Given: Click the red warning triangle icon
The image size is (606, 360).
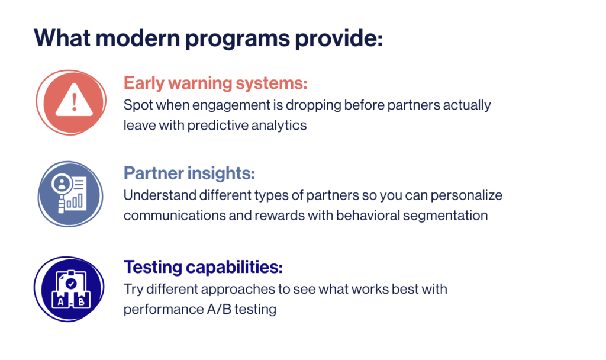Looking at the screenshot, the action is [x=71, y=102].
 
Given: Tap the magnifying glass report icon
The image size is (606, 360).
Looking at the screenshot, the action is [x=70, y=194].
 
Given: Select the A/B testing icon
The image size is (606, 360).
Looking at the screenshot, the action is [x=69, y=289].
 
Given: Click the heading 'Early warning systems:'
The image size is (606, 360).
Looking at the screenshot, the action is [x=215, y=83].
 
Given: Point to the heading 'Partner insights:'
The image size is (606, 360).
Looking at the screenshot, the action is [x=189, y=173].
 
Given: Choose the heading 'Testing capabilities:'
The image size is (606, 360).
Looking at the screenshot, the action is [x=204, y=267].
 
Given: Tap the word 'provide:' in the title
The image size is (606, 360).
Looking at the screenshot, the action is [x=339, y=38].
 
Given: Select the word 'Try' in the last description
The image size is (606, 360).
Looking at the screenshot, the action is [x=133, y=290].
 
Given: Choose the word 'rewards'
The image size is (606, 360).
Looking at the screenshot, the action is [x=279, y=216].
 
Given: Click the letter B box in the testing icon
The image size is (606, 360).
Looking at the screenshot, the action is [x=81, y=301].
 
